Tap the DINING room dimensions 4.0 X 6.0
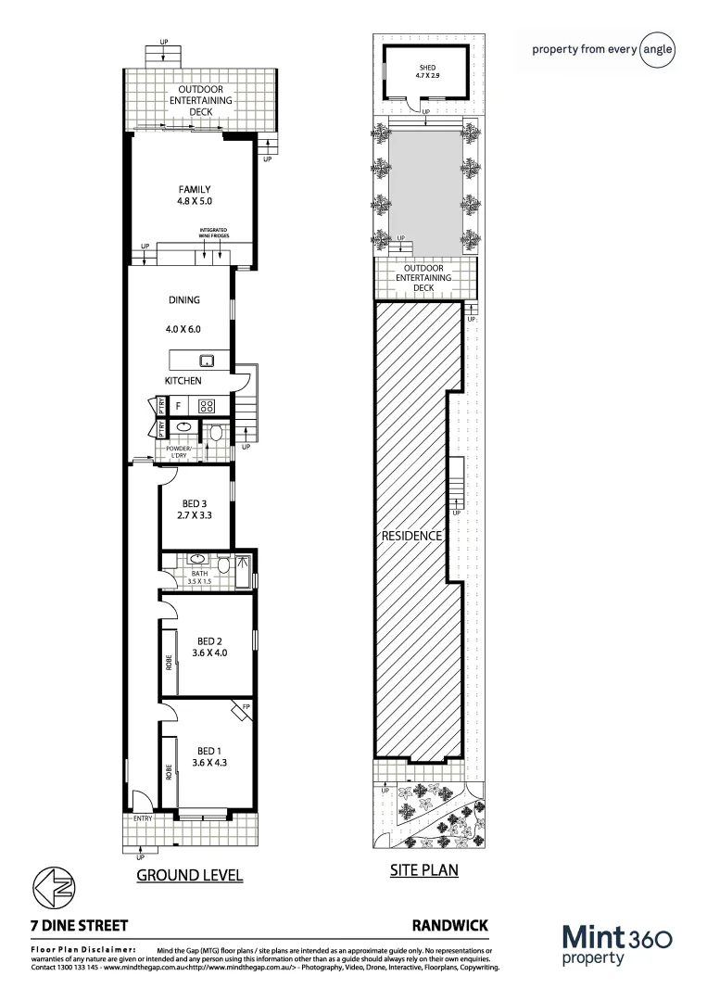183,329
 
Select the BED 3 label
194,503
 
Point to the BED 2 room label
209,640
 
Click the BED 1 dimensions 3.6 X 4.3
208,764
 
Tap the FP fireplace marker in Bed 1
245,707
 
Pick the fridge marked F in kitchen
178,406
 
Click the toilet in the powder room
215,431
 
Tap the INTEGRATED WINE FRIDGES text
213,234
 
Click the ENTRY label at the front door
143,818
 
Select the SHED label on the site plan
426,68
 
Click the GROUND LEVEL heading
189,875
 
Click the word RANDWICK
448,925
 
